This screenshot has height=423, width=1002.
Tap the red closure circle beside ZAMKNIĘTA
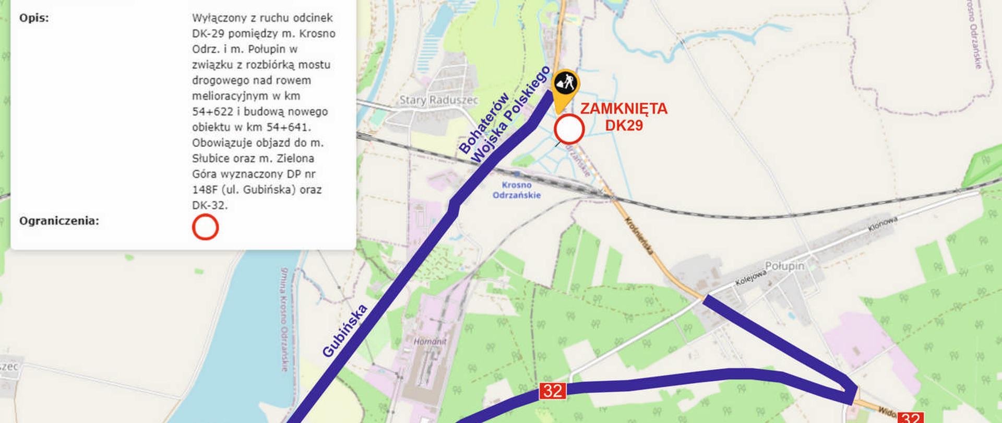(x=569, y=130)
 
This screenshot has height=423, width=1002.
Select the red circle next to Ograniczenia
(x=205, y=227)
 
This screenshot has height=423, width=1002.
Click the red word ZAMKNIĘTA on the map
(x=624, y=109)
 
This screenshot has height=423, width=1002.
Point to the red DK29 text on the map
(x=624, y=125)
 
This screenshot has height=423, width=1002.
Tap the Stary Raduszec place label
(x=431, y=100)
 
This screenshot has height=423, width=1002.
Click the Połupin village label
(x=784, y=266)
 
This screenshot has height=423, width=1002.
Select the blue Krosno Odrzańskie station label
(x=517, y=190)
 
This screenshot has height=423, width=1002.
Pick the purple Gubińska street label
(x=345, y=331)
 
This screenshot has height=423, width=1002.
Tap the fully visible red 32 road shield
(x=553, y=391)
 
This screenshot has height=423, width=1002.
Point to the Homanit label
(x=430, y=342)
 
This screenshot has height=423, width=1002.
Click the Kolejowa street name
(x=751, y=277)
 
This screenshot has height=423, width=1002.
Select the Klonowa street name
(x=882, y=224)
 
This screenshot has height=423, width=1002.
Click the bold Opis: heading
(x=34, y=18)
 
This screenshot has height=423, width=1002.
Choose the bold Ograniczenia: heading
(x=59, y=221)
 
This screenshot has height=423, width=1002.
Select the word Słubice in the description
(x=209, y=158)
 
